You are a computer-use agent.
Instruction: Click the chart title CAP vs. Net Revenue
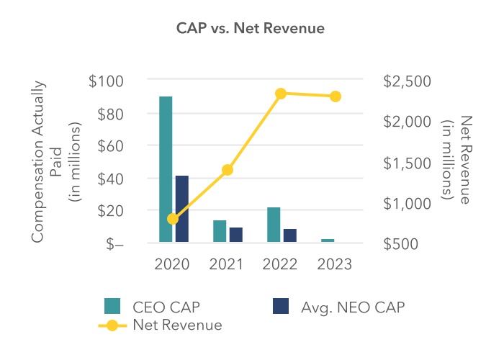point(251,29)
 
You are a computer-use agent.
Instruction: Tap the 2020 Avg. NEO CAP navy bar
point(181,209)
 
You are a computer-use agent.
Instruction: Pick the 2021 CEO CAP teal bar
point(220,231)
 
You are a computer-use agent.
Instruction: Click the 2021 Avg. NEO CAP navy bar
point(236,235)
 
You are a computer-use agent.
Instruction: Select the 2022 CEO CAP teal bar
point(274,225)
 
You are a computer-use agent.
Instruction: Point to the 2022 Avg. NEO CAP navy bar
point(290,235)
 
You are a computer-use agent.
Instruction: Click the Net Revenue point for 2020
point(173,219)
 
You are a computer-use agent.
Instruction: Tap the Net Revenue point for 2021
point(228,170)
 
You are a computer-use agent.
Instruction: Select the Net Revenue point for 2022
point(282,94)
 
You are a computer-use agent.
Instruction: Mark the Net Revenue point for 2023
point(336,96)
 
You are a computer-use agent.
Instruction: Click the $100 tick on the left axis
point(106,81)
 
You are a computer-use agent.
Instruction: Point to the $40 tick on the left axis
point(110,179)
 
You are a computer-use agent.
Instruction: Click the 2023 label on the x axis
point(336,264)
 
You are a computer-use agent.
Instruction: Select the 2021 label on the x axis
point(228,264)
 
